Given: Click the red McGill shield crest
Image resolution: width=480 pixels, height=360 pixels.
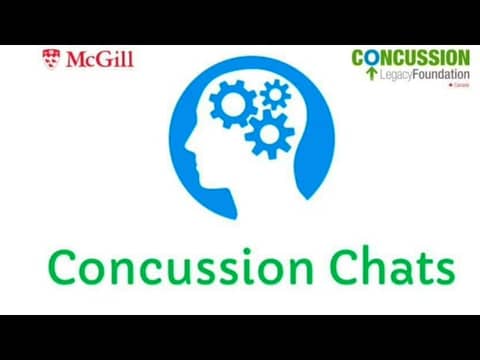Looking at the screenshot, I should coord(51,59).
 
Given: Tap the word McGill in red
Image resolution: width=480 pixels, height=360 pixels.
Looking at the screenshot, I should coord(99,59).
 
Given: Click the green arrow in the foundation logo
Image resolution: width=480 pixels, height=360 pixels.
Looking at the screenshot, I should coord(371,74).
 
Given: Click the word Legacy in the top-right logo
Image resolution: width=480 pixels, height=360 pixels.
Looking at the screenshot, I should coord(399,75).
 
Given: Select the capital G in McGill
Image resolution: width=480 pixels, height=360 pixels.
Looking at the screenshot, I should coord(105,59).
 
